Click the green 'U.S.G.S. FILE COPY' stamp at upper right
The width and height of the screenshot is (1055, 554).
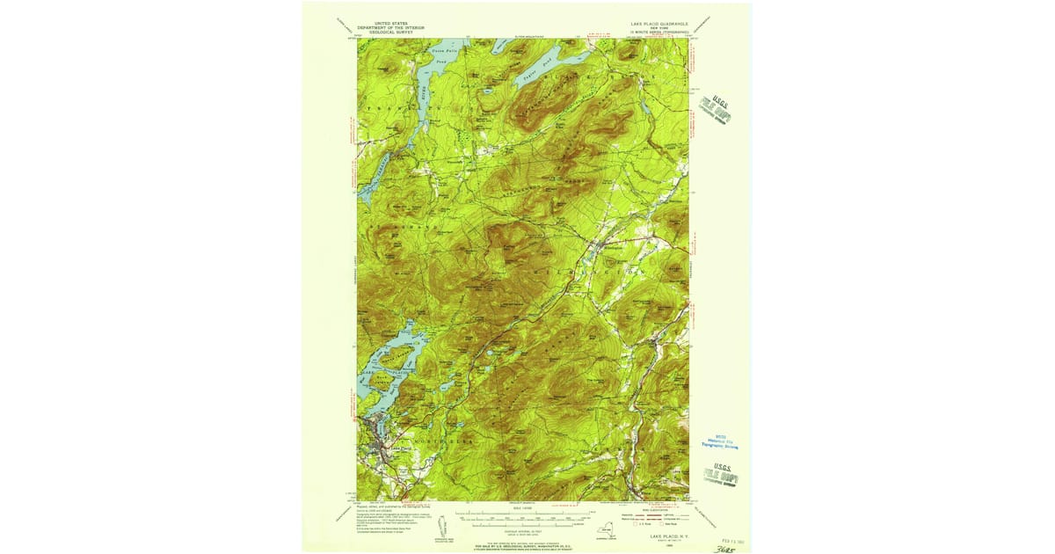tap(720, 109)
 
